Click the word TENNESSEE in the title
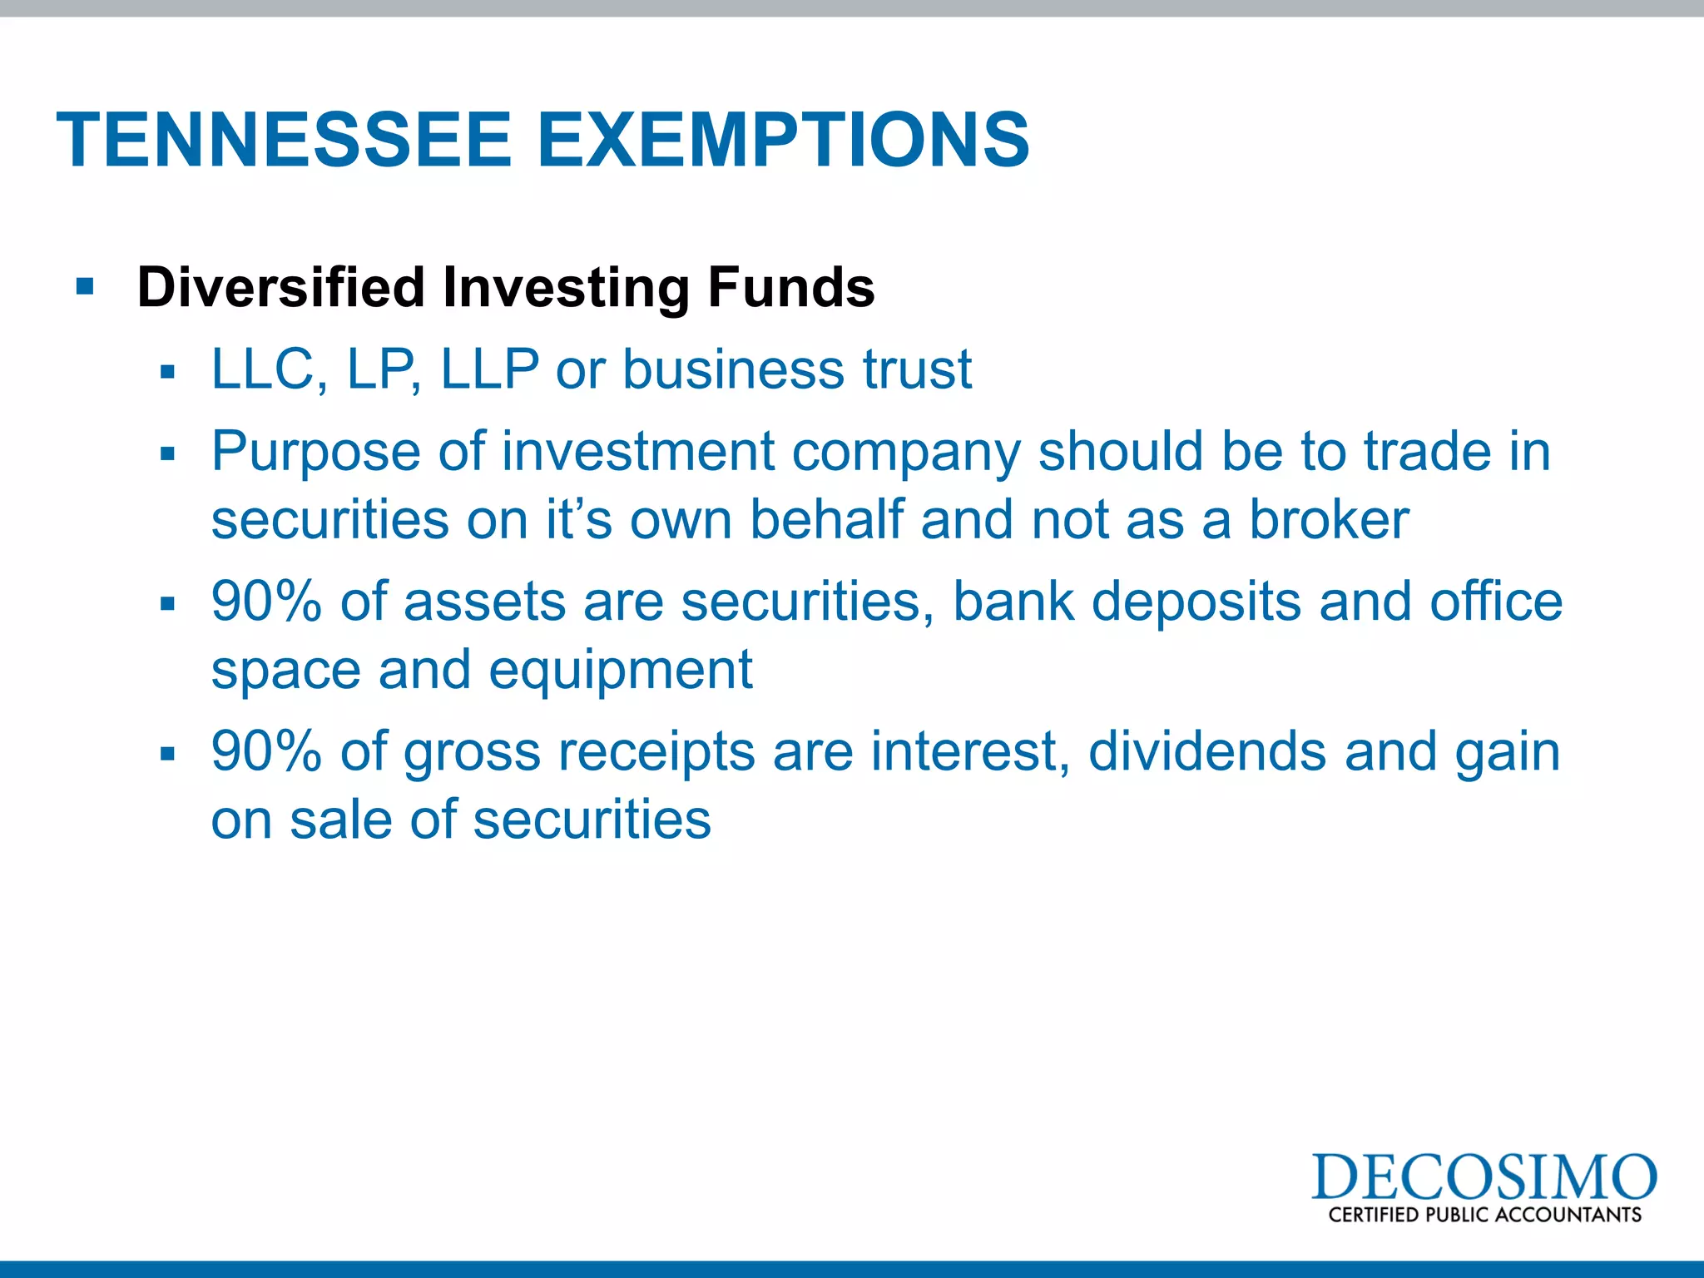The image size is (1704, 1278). [x=284, y=140]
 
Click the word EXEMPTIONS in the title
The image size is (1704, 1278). [x=784, y=140]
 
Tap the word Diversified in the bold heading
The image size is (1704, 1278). [x=281, y=288]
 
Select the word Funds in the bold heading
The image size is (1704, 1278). [x=790, y=288]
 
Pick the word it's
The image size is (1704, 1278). [x=579, y=521]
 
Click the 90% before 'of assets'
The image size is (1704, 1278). [x=266, y=602]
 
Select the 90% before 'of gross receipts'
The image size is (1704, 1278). [x=266, y=752]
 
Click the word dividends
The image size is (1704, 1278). [x=1206, y=752]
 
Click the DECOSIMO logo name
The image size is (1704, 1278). [x=1484, y=1178]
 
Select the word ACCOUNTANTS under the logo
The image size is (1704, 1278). [x=1568, y=1215]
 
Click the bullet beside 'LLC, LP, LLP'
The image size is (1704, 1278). [x=168, y=371]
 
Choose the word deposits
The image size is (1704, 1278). [x=1196, y=602]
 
